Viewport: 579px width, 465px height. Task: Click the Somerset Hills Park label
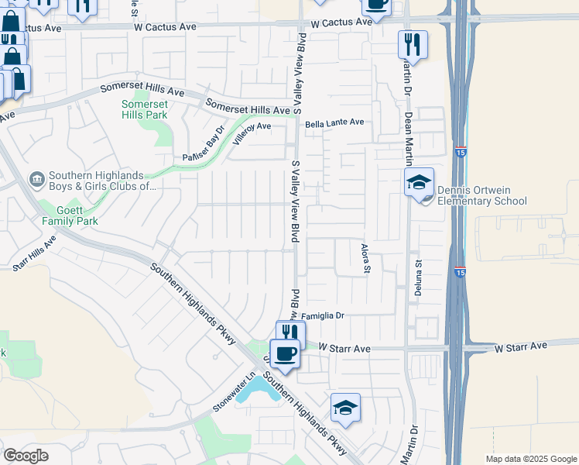(x=145, y=109)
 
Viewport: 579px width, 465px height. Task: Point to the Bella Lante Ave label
(x=334, y=122)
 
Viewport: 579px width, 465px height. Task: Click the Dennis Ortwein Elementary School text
(x=481, y=196)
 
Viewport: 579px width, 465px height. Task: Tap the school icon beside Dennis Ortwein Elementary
(x=419, y=183)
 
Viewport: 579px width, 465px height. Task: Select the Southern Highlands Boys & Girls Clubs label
(x=102, y=181)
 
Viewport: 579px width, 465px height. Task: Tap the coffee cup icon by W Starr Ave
(x=285, y=354)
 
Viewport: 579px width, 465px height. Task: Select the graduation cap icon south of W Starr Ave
(x=345, y=407)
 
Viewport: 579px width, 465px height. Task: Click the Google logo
(x=26, y=456)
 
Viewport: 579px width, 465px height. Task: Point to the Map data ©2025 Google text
(x=531, y=459)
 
